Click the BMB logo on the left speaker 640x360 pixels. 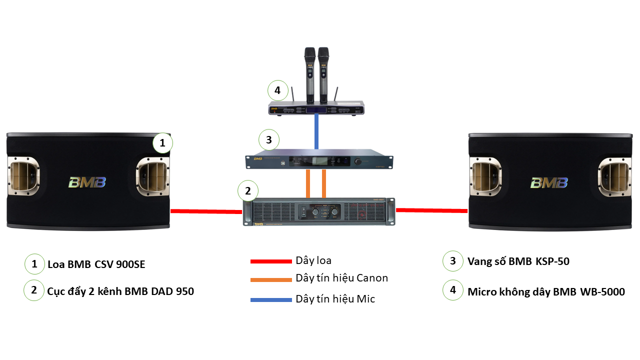pos(87,181)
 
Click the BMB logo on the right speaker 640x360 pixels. pos(549,182)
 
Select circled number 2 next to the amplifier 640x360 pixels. pos(248,190)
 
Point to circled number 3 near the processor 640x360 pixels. pos(269,140)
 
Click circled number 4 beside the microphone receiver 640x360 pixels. pos(278,91)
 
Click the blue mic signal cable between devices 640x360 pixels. pos(316,131)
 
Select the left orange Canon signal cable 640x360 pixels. pos(308,184)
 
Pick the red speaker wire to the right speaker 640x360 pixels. pos(431,210)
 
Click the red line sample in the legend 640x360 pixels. pos(270,261)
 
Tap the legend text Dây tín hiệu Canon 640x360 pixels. pos(341,278)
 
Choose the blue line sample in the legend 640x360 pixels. pos(270,300)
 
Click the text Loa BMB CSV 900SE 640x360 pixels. pos(96,264)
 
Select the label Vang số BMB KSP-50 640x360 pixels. pos(518,261)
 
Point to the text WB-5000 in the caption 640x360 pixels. pos(602,291)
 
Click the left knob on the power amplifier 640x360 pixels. pos(315,212)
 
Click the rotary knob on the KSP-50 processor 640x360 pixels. pos(357,161)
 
